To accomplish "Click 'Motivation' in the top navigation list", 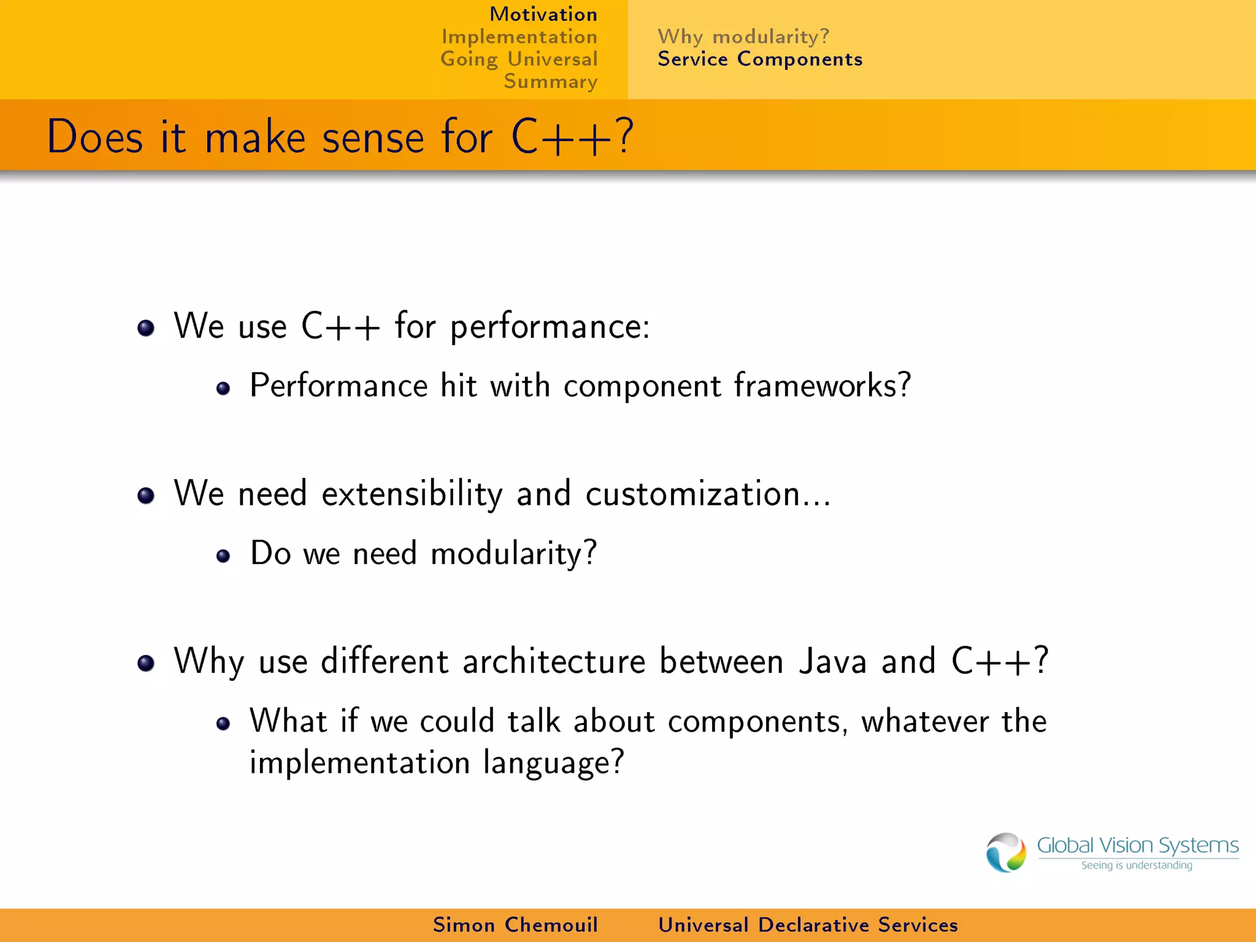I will (x=543, y=14).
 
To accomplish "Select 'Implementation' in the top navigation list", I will (x=519, y=37).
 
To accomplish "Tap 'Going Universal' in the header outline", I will (x=519, y=59).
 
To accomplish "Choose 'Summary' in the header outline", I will (x=550, y=82).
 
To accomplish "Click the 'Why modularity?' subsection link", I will (x=743, y=37).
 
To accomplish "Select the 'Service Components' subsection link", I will (x=760, y=59).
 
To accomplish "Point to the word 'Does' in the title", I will (x=95, y=137).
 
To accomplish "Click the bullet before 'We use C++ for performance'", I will (x=146, y=328).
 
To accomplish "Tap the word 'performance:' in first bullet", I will (x=550, y=327).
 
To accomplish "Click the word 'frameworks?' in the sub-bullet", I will (x=822, y=386).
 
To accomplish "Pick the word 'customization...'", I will (x=708, y=494).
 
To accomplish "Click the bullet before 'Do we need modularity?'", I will (x=223, y=556).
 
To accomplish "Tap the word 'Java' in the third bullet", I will (x=833, y=662).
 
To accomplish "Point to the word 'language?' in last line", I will (x=553, y=763).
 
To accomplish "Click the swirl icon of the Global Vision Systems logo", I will (x=1006, y=852).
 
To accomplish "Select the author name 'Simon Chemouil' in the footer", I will (x=515, y=925).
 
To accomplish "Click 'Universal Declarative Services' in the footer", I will (x=808, y=925).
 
